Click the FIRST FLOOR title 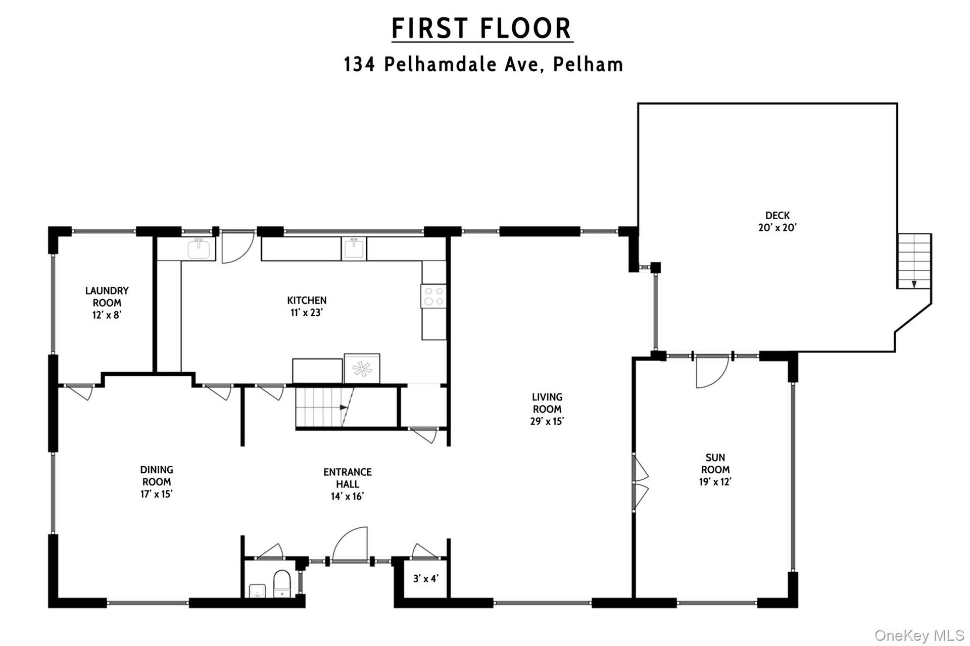click(x=482, y=28)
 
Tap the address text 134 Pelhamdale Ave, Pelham click(x=483, y=65)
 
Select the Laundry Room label click(x=107, y=296)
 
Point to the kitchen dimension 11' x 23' click(x=307, y=313)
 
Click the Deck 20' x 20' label click(x=777, y=221)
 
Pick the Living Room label click(x=547, y=403)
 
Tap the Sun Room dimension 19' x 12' click(x=715, y=482)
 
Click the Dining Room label click(x=157, y=476)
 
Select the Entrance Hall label click(x=348, y=478)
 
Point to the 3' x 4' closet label click(x=426, y=579)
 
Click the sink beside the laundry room click(x=200, y=249)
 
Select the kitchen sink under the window click(x=354, y=249)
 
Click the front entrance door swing click(x=350, y=544)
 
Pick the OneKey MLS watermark click(x=919, y=636)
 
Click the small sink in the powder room click(x=258, y=591)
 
